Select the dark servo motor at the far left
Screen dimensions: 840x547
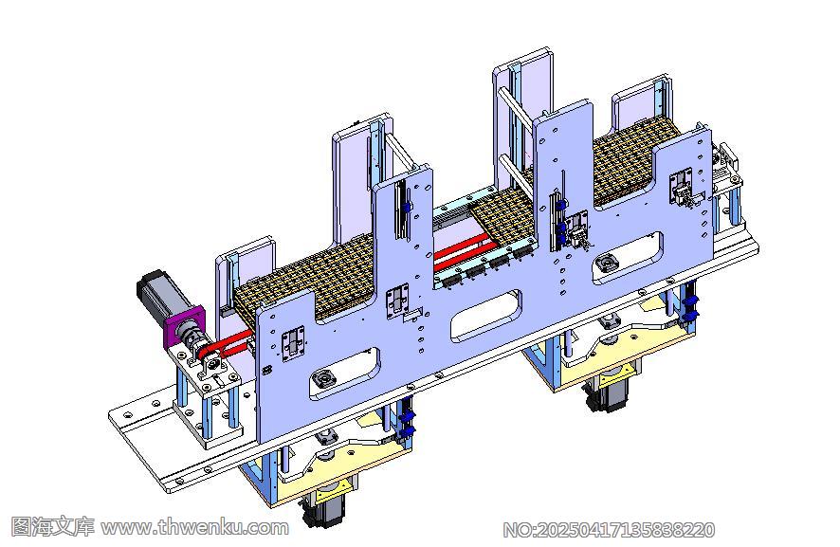coord(159,295)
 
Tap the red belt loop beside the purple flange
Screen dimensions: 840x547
coord(225,345)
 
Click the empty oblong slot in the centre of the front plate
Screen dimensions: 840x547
coord(486,316)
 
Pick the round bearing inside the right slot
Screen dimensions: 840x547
coord(605,263)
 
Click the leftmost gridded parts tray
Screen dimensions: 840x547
coord(308,279)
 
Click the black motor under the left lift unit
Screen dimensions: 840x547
coord(322,508)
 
